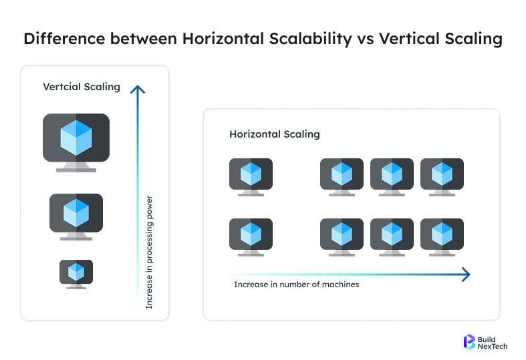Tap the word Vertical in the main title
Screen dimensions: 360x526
tap(410, 39)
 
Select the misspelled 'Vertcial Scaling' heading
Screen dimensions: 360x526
tap(82, 87)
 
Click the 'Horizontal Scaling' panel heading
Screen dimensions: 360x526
tap(275, 134)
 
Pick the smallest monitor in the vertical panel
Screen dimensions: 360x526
tap(76, 273)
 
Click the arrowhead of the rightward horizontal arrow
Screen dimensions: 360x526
tap(466, 274)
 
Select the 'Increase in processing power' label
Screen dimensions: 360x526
tap(150, 252)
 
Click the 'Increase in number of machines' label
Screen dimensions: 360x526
tap(297, 285)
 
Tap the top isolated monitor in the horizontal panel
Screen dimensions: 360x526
tap(251, 175)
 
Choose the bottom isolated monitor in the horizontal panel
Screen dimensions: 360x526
tap(251, 235)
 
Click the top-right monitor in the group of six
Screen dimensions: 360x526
tap(442, 175)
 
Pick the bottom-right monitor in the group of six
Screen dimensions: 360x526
tap(442, 235)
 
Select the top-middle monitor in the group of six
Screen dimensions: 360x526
tap(392, 175)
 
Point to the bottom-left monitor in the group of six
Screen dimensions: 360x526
tap(342, 235)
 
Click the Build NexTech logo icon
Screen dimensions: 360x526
tap(470, 342)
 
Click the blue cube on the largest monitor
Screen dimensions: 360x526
tap(76, 137)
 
